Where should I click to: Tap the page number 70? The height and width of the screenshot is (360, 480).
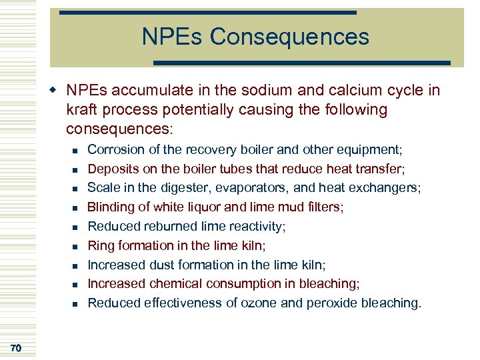17,347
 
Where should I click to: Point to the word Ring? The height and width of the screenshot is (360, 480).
101,245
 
